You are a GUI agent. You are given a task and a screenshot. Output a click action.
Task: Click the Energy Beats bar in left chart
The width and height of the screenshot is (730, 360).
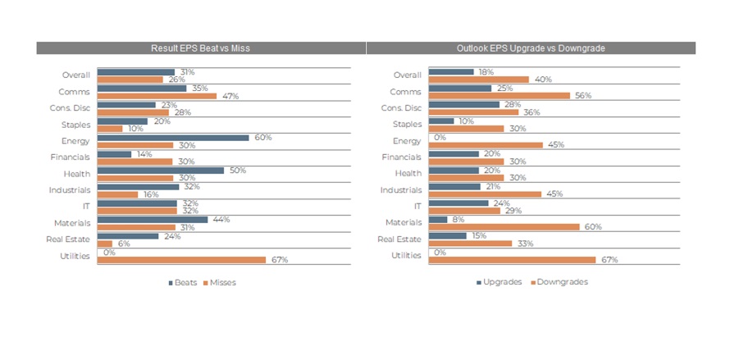[x=172, y=138]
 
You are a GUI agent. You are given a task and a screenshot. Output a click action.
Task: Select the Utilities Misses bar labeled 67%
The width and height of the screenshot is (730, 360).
[x=181, y=259]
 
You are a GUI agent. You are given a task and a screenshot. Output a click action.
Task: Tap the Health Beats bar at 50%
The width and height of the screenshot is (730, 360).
[x=160, y=170]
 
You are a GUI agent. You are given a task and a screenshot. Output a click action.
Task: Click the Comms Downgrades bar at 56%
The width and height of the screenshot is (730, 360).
[x=499, y=96]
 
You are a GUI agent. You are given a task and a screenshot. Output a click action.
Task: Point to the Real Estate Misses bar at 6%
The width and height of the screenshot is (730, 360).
[x=104, y=244]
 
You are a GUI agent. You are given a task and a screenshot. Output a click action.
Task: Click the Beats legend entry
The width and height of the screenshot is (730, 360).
[x=182, y=282]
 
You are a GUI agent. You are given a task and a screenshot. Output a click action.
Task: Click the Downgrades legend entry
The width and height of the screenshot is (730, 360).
[x=561, y=282]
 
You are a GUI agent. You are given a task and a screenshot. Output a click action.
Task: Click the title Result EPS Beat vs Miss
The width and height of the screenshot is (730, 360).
[x=201, y=48]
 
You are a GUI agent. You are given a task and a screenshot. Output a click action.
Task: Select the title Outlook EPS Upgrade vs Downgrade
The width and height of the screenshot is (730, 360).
[x=531, y=48]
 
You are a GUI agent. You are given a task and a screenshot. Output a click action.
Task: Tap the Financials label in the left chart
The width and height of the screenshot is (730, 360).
[x=70, y=157]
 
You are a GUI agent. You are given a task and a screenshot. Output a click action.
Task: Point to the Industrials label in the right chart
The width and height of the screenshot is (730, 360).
[x=402, y=189]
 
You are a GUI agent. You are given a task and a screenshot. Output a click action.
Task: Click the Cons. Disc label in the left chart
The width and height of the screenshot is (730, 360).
[x=70, y=108]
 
